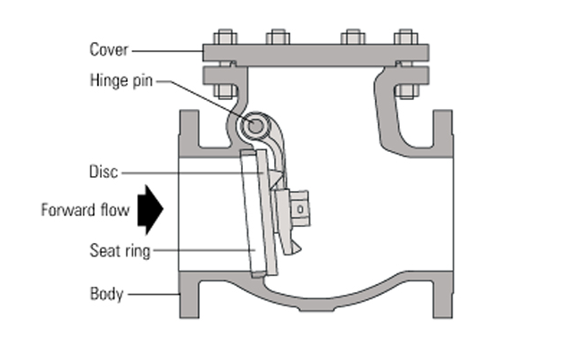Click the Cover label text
(109, 50)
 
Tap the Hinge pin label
(121, 80)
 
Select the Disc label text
(104, 172)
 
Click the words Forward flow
(86, 210)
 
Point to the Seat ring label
(121, 251)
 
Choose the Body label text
(106, 294)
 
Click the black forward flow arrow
(151, 210)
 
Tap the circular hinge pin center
(255, 126)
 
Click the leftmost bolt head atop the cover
(225, 37)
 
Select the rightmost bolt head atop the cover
(405, 37)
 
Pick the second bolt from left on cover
(279, 37)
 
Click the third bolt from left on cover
(353, 37)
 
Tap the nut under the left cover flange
(226, 91)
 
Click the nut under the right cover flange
(405, 91)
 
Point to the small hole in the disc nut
(300, 209)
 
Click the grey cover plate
(316, 53)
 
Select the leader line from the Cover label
(168, 51)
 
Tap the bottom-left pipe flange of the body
(189, 295)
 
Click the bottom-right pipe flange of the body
(443, 295)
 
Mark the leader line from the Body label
(154, 294)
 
